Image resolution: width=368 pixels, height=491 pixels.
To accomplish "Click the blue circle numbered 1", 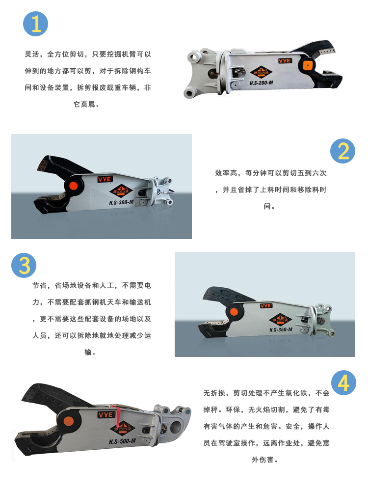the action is tap(36, 24).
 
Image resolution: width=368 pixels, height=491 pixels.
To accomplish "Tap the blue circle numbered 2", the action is tap(342, 151).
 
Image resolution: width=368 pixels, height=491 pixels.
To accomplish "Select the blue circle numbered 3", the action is tap(24, 265).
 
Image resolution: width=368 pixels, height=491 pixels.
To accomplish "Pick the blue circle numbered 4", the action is tap(343, 382).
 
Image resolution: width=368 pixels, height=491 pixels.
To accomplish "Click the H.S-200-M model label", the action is tap(262, 83).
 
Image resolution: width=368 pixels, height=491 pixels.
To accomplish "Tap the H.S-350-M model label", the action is tap(281, 329).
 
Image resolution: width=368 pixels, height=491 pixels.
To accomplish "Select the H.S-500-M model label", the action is tap(122, 441).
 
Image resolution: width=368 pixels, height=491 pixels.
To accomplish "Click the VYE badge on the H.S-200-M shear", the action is tap(285, 60).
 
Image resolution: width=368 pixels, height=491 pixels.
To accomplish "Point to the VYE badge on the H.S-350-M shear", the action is tap(266, 305).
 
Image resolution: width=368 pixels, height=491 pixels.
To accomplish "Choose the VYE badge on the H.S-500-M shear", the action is tap(106, 414).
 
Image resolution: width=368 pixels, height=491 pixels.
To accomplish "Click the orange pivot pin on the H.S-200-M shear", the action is tap(308, 65).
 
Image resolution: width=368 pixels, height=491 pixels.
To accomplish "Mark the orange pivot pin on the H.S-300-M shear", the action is tap(74, 186).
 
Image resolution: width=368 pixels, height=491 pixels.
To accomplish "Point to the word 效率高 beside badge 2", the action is tap(226, 173).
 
